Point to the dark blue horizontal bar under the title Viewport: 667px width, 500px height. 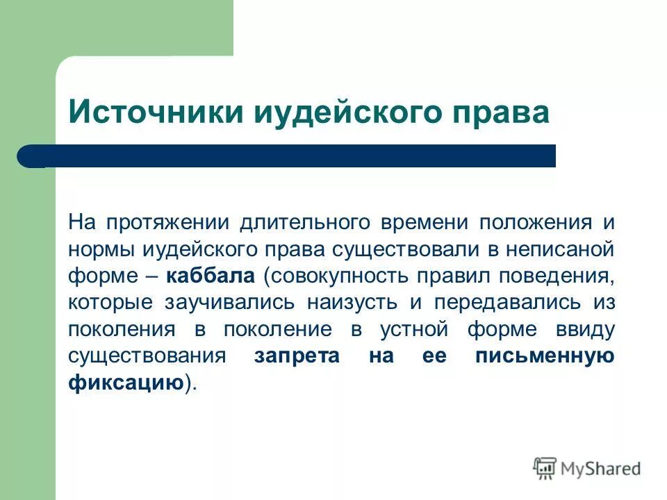click(286, 156)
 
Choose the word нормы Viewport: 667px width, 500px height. click(102, 249)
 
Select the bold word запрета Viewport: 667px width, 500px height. click(297, 356)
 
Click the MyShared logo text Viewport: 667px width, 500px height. click(601, 469)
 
